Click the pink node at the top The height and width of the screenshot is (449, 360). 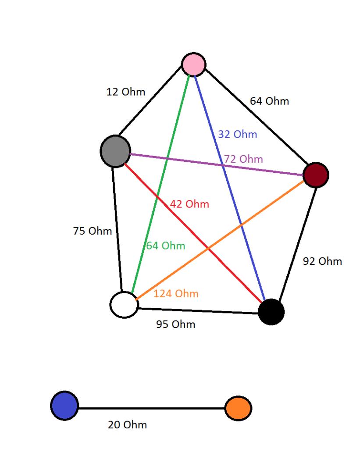click(x=194, y=64)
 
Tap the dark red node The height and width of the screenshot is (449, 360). click(x=316, y=175)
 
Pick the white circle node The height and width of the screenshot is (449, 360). click(x=124, y=304)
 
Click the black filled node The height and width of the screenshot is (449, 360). click(x=271, y=312)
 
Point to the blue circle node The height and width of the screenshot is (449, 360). click(x=64, y=406)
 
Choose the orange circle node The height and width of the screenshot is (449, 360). click(x=238, y=408)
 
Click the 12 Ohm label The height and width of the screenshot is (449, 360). click(x=126, y=92)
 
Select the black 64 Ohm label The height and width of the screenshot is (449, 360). click(x=269, y=101)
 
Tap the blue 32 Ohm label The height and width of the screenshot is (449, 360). click(x=237, y=135)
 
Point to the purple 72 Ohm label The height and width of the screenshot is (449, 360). click(x=244, y=159)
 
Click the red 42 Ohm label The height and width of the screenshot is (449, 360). click(x=189, y=204)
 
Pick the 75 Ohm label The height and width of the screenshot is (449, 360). click(x=92, y=231)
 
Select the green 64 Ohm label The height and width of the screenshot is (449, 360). click(x=165, y=246)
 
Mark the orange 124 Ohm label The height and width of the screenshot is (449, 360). click(x=176, y=293)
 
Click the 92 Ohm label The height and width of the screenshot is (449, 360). click(x=322, y=261)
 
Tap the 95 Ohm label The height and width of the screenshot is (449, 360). click(x=176, y=325)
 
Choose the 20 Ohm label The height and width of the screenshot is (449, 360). click(x=127, y=425)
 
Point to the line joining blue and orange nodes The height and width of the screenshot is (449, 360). click(x=151, y=408)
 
